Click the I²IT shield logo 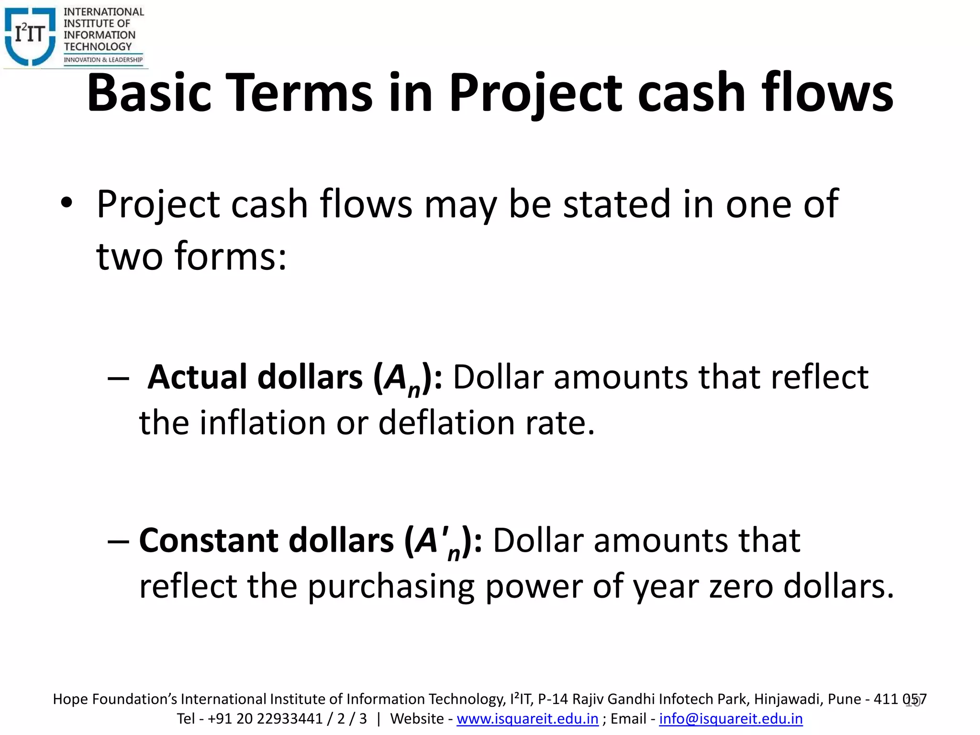coord(30,36)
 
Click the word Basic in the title coord(149,93)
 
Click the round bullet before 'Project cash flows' coord(67,204)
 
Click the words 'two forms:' coord(191,256)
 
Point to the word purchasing coord(390,587)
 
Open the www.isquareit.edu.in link coord(527,719)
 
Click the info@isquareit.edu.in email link coord(731,719)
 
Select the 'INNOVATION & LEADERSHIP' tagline coord(103,60)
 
